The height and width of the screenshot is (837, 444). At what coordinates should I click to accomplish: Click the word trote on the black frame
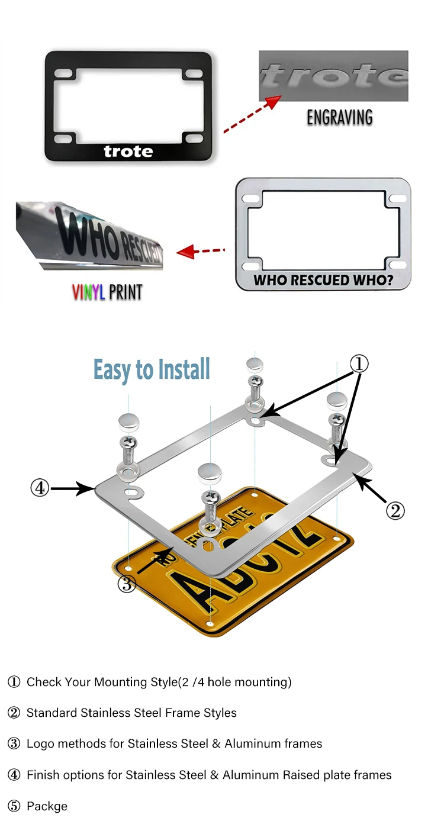(128, 152)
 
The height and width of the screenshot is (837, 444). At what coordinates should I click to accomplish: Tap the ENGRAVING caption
(339, 117)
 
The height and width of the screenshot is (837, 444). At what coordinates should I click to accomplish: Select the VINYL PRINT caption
(107, 292)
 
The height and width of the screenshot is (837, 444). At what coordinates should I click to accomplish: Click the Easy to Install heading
(152, 370)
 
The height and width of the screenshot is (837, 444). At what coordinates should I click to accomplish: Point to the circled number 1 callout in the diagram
(358, 364)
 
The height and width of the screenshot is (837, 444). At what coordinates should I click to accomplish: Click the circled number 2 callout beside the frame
(395, 510)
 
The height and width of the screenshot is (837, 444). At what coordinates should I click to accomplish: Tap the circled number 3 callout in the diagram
(127, 584)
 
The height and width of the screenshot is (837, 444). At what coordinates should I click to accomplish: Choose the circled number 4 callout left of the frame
(39, 488)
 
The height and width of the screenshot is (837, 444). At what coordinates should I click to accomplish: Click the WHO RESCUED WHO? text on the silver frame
(323, 279)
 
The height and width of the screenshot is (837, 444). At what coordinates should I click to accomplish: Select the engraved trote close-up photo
(333, 76)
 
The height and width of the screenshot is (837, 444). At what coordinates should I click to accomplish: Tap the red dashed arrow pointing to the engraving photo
(252, 113)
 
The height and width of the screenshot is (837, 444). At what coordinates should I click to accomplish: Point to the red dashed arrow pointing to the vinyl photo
(201, 252)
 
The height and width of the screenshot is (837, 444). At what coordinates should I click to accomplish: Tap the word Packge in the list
(47, 806)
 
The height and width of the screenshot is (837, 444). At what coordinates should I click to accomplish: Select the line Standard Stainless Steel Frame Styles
(131, 713)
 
